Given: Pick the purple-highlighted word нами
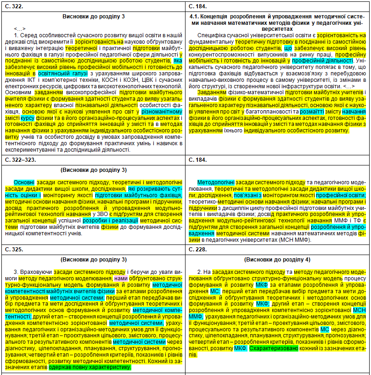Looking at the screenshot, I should [121, 278].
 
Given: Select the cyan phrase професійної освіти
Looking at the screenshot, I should [340, 195].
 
